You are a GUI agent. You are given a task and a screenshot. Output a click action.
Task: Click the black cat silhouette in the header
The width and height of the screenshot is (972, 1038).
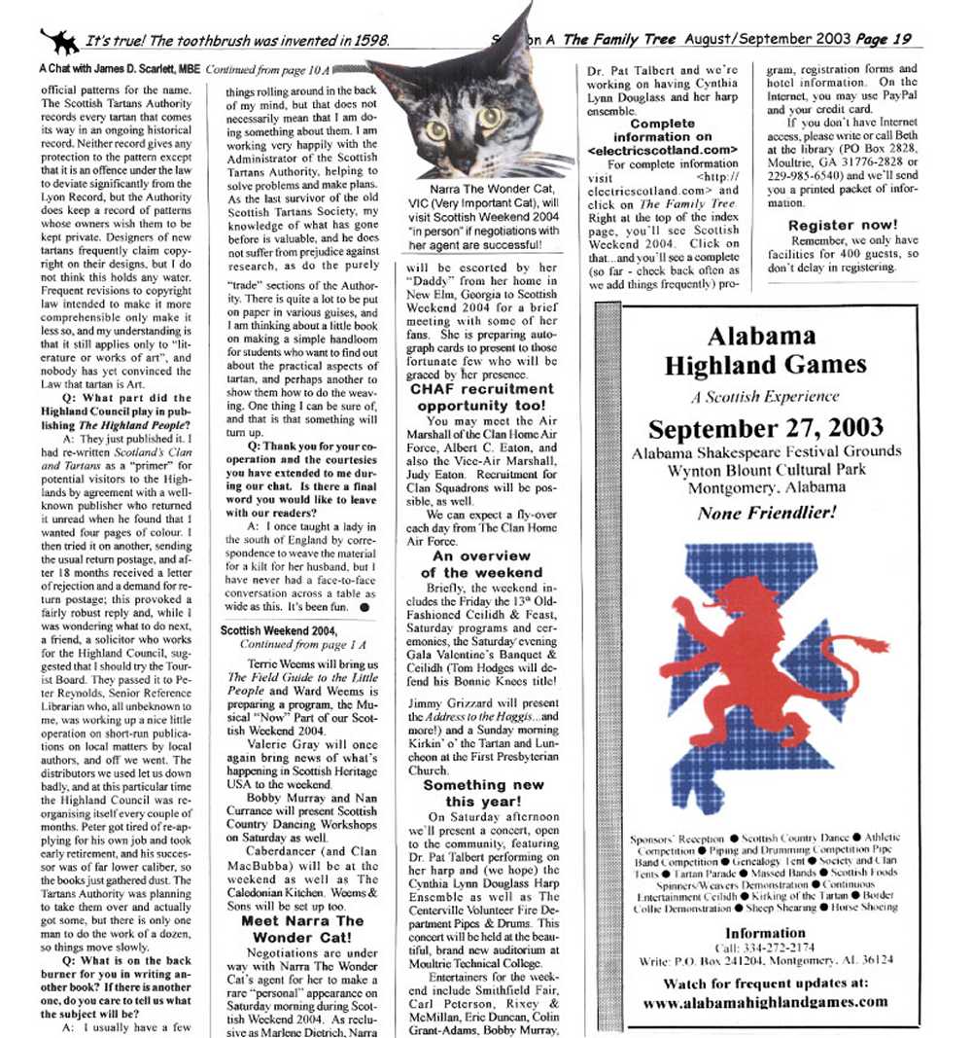(59, 40)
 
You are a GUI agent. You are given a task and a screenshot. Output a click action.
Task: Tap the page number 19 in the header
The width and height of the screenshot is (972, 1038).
(902, 39)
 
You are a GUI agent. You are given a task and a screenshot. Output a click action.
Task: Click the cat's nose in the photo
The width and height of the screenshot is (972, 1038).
(466, 146)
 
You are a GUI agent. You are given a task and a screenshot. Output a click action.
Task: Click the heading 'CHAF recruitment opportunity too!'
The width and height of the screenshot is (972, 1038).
(482, 397)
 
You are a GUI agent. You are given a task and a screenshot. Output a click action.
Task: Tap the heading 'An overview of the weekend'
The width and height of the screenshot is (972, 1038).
(482, 564)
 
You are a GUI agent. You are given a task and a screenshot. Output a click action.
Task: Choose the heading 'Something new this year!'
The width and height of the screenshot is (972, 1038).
(482, 793)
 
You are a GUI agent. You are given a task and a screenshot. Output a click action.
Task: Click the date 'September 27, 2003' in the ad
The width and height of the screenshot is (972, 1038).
(766, 429)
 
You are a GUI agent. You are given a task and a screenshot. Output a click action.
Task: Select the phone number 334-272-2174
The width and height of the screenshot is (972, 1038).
(785, 947)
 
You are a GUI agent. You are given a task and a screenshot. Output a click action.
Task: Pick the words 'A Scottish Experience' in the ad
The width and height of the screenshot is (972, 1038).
(765, 396)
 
